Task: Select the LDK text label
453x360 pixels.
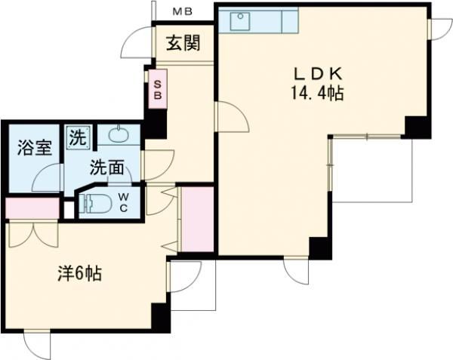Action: pos(319,74)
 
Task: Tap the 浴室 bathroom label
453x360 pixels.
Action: pos(35,148)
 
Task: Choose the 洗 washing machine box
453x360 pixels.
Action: pos(78,137)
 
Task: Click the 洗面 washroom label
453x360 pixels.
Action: pos(107,168)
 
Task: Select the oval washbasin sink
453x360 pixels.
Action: pos(119,136)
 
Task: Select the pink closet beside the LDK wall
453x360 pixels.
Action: pos(199,219)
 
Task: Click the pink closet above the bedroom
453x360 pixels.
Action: pos(32,208)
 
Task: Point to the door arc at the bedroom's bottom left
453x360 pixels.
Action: pos(36,346)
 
